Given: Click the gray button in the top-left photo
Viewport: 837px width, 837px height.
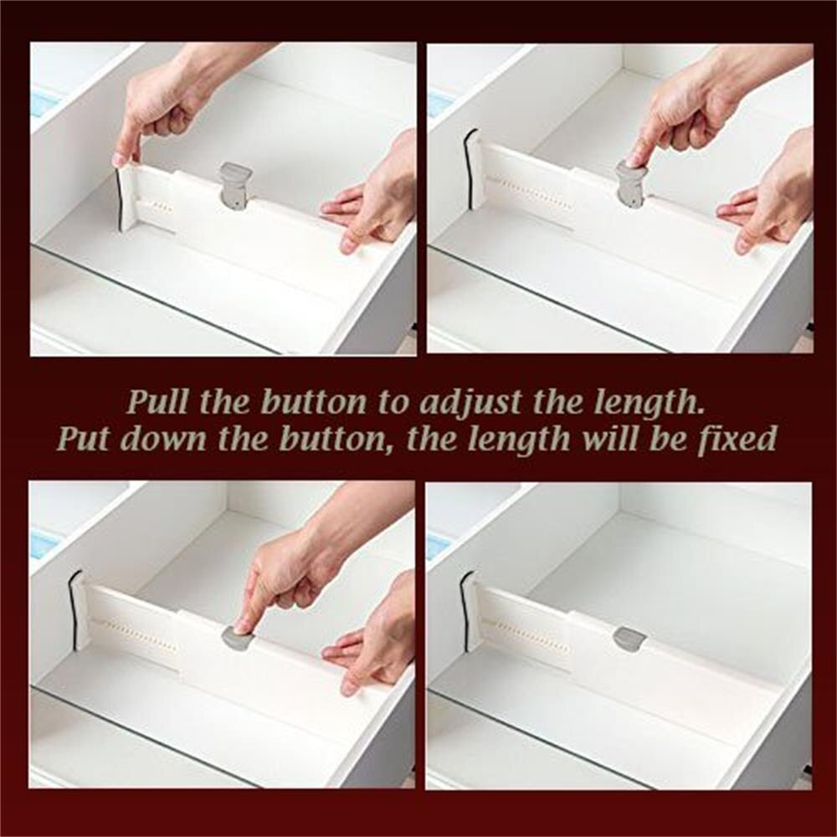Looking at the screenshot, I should click(235, 185).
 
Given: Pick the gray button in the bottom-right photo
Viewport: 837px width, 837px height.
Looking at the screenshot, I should click(629, 639).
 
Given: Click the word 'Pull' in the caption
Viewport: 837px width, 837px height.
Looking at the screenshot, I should click(157, 403).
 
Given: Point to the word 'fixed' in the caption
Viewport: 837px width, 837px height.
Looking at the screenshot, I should click(737, 439).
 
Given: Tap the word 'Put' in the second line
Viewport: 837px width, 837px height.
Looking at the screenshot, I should click(83, 439).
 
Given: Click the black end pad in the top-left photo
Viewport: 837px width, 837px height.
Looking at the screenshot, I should click(119, 199).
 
